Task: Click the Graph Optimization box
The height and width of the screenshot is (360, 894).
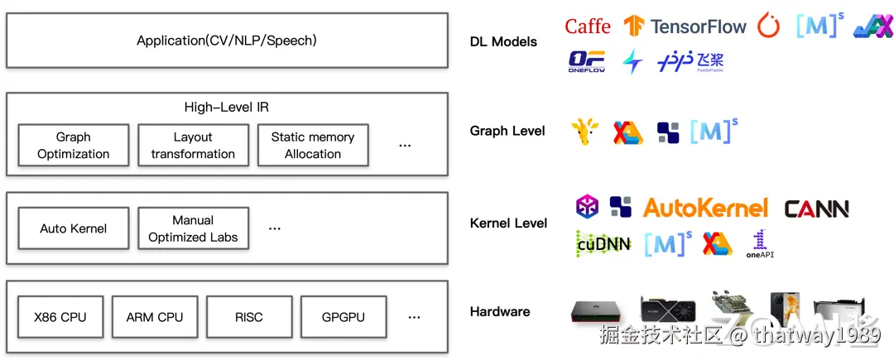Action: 73,146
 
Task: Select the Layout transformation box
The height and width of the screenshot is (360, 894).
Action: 193,146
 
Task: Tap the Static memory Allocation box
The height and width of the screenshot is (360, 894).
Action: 312,146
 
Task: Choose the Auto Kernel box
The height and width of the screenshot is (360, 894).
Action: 73,228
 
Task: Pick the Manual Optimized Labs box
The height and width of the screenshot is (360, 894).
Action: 193,228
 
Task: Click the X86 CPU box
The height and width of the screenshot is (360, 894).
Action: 60,317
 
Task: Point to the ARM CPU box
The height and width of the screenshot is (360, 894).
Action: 155,317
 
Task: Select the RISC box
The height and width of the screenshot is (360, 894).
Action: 248,317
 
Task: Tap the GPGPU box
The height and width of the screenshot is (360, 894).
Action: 343,317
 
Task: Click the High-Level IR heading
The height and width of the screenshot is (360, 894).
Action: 226,108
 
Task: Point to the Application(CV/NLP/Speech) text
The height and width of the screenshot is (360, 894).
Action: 227,41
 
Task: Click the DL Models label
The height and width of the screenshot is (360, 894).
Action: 503,41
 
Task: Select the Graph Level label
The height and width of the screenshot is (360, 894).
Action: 507,131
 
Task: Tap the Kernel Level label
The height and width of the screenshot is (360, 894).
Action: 508,223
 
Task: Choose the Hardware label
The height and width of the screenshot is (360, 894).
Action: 500,312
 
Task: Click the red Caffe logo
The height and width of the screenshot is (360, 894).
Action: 588,26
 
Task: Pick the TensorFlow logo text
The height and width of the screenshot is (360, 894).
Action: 698,26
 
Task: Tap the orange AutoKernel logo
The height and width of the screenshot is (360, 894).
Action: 705,208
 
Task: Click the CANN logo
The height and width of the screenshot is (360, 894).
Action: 816,209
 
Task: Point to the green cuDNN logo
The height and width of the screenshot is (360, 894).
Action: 603,243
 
